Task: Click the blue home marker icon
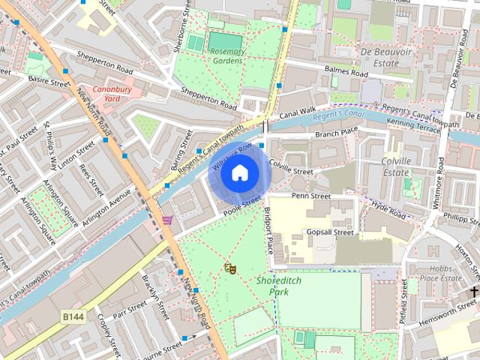tap(239, 173)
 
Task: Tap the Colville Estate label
tap(395, 166)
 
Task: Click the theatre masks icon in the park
tap(230, 268)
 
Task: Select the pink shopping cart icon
tap(167, 220)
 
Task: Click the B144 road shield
tap(73, 318)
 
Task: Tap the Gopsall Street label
tap(330, 233)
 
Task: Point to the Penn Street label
tap(310, 196)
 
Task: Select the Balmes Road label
tap(346, 72)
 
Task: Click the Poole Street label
tap(241, 205)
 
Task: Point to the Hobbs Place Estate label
tap(440, 273)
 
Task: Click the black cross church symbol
tap(474, 290)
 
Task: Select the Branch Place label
tap(337, 133)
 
